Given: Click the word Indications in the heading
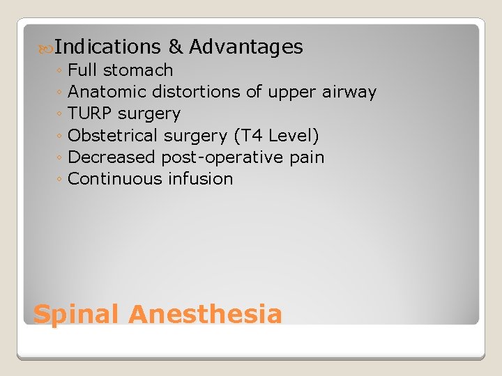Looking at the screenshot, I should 107,47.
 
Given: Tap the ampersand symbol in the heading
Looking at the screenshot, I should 176,47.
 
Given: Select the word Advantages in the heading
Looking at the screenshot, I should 246,47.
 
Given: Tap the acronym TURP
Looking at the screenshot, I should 91,113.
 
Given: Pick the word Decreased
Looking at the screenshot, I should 112,157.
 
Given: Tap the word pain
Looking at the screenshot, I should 307,157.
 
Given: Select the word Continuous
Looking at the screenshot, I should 116,178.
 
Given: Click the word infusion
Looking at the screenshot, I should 201,178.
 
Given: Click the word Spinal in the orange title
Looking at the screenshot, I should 77,315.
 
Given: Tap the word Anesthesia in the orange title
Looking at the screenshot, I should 205,315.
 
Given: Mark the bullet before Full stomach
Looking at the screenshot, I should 61,71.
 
